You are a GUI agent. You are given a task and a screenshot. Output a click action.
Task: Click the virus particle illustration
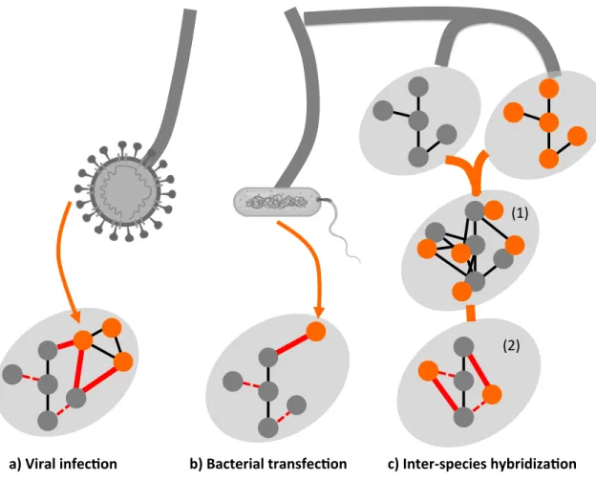pyautogui.click(x=125, y=191)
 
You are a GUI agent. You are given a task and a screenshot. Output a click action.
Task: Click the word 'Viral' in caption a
pyautogui.click(x=41, y=464)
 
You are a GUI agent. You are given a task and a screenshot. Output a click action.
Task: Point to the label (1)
pyautogui.click(x=520, y=213)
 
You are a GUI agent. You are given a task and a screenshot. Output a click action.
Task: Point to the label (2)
pyautogui.click(x=511, y=345)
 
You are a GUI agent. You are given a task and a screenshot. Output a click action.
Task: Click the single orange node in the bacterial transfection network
pyautogui.click(x=315, y=331)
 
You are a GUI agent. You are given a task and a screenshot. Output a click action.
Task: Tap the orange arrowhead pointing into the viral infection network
pyautogui.click(x=75, y=317)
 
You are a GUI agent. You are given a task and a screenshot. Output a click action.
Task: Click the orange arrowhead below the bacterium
pyautogui.click(x=319, y=310)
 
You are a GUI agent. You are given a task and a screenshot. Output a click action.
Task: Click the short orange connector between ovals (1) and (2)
pyautogui.click(x=471, y=313)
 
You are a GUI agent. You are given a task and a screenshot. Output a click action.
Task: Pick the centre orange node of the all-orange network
pyautogui.click(x=548, y=123)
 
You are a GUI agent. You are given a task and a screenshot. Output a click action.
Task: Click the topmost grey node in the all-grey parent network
pyautogui.click(x=418, y=87)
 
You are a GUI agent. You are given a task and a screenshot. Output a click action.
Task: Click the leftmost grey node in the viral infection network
pyautogui.click(x=12, y=374)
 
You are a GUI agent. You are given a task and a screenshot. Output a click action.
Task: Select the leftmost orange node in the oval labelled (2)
pyautogui.click(x=428, y=371)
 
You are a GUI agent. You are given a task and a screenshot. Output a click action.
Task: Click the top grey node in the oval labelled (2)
pyautogui.click(x=464, y=347)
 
